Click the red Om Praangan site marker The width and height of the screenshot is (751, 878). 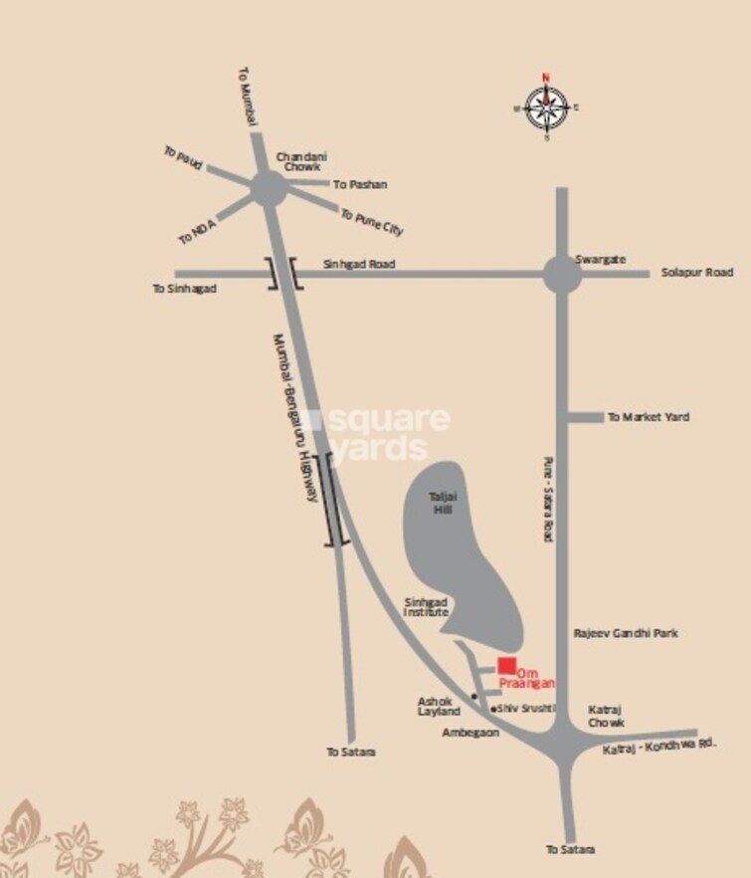tap(507, 666)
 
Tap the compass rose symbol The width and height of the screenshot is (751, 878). tap(546, 107)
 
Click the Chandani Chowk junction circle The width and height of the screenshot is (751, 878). tap(268, 188)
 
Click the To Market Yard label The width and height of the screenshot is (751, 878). tap(649, 417)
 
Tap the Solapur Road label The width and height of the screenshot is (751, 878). tap(697, 272)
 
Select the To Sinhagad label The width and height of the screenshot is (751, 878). tap(184, 289)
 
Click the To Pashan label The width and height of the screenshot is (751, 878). tap(360, 184)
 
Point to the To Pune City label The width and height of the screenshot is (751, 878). tap(372, 221)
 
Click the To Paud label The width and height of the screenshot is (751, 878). tap(183, 156)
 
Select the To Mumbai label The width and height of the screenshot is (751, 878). tap(249, 96)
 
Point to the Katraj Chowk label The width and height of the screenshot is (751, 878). tap(606, 717)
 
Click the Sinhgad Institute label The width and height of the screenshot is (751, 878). tap(426, 607)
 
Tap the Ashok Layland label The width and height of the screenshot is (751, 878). tap(439, 707)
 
